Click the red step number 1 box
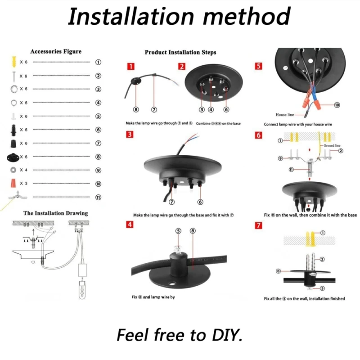pos(130,67)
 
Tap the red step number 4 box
pos(130,224)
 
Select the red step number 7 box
pos(258,225)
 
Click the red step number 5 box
pos(258,66)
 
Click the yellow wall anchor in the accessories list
pos(14,62)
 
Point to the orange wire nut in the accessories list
pos(13,183)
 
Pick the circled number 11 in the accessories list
pos(98,197)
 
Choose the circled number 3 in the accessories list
pos(98,89)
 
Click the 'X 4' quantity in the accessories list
pos(23,170)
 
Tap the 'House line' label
pos(285,115)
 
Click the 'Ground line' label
pos(332,145)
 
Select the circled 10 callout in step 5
pos(337,105)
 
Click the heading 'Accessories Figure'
pos(56,51)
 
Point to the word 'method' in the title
pos(247,16)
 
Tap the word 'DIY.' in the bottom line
pos(227,335)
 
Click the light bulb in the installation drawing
pos(82,290)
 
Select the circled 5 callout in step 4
pos(178,231)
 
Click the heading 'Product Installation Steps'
pos(180,52)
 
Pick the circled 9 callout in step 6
pos(280,158)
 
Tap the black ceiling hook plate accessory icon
pos(13,157)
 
